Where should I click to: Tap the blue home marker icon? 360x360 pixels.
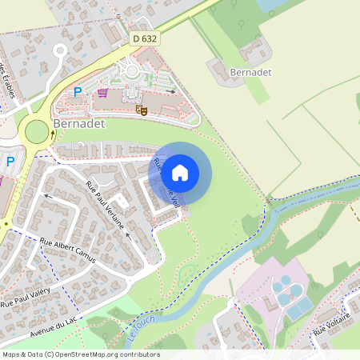180,172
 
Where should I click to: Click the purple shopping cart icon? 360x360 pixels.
102,92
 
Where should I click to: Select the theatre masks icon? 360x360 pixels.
142,109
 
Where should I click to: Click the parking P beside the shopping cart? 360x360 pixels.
78,92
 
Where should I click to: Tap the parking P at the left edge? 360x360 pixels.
10,162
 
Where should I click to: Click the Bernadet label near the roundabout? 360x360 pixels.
78,126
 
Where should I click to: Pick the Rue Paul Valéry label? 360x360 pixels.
26,295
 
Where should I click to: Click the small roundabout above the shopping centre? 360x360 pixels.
130,71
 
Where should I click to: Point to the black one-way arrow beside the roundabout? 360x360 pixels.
54,133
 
